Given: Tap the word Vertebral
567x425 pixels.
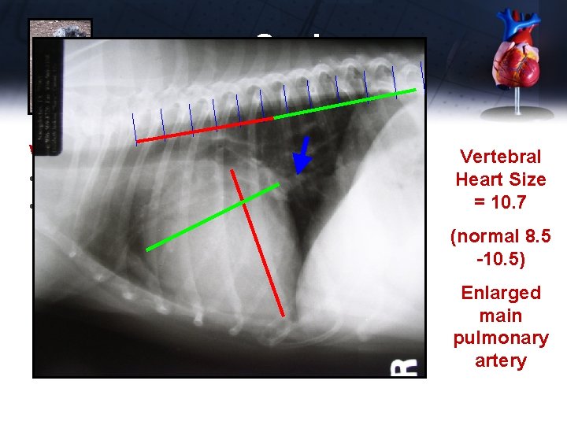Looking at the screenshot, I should coord(500,157).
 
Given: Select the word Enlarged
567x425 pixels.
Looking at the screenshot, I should coord(500,293).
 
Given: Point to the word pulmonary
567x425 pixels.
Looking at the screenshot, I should coord(500,338).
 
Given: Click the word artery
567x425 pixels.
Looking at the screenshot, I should coord(500,360).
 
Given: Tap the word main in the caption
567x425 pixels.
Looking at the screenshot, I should coord(500,316).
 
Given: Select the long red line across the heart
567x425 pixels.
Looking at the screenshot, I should coord(260,244).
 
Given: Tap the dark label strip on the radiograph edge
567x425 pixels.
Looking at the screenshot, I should coord(52,94).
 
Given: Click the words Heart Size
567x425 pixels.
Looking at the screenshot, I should coord(500,179).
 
